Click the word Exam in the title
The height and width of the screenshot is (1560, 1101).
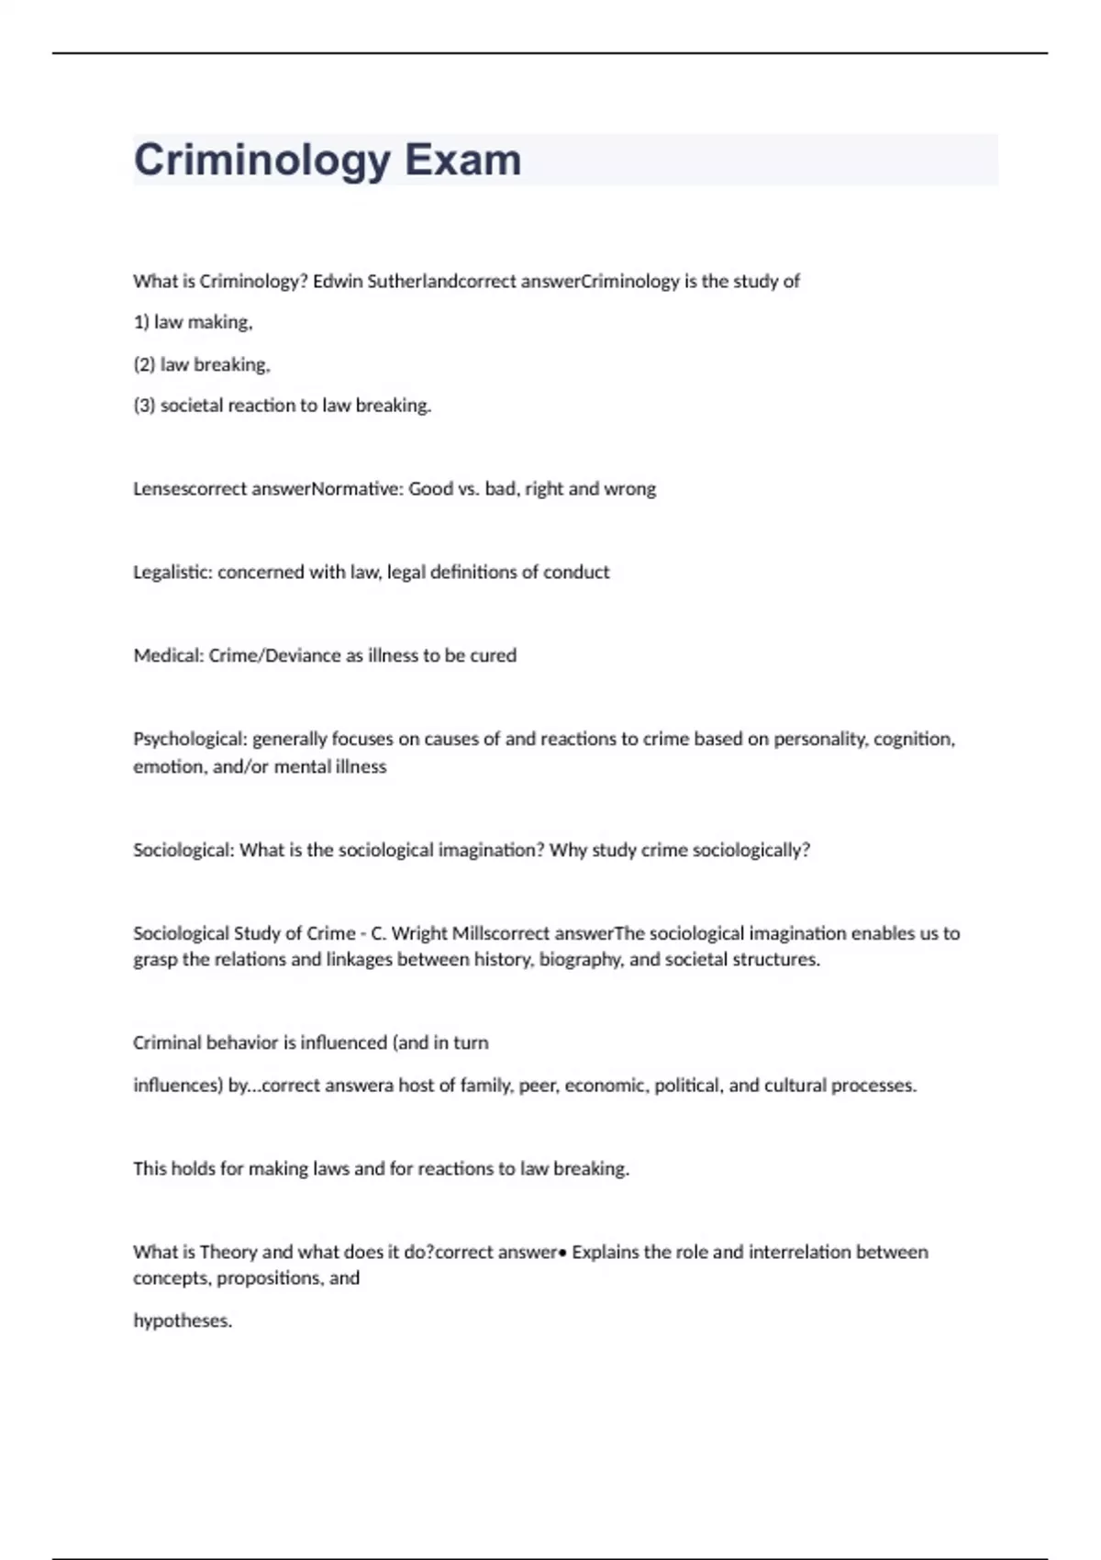462,160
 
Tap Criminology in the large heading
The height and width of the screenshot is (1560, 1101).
262,160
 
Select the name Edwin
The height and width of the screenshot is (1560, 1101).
337,282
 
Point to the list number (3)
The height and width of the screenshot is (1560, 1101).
144,406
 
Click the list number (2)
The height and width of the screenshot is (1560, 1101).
144,364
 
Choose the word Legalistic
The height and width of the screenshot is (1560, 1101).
172,573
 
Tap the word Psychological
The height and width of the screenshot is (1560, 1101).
189,740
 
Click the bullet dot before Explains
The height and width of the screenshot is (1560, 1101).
562,1253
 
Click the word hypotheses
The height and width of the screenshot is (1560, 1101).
183,1321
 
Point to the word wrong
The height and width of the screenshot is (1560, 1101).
630,489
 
